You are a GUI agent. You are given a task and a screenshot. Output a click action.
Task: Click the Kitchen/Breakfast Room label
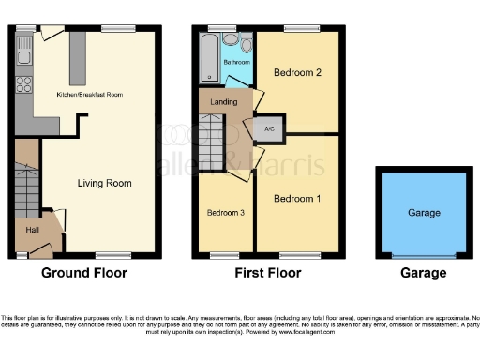(91, 96)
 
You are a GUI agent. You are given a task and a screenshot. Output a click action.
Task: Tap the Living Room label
(104, 183)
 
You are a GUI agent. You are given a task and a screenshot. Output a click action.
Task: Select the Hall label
(32, 230)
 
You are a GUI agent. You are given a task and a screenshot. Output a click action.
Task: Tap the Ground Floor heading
(84, 274)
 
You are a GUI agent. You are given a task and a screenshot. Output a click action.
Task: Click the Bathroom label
(234, 63)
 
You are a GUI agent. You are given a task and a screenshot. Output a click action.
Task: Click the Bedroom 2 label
(297, 72)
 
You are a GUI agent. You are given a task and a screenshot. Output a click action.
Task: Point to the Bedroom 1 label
(297, 199)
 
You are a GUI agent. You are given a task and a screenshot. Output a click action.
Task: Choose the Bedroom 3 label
(226, 213)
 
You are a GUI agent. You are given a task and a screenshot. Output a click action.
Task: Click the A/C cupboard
(268, 129)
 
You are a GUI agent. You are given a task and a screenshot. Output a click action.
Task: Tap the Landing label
(224, 102)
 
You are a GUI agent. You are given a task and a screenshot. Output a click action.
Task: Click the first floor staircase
(213, 138)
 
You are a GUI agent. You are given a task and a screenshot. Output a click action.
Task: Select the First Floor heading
(269, 274)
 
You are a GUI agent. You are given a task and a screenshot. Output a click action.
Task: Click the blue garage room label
(424, 213)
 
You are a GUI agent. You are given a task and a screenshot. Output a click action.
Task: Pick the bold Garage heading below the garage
(424, 274)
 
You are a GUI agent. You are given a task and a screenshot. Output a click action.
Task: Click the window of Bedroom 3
(225, 255)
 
